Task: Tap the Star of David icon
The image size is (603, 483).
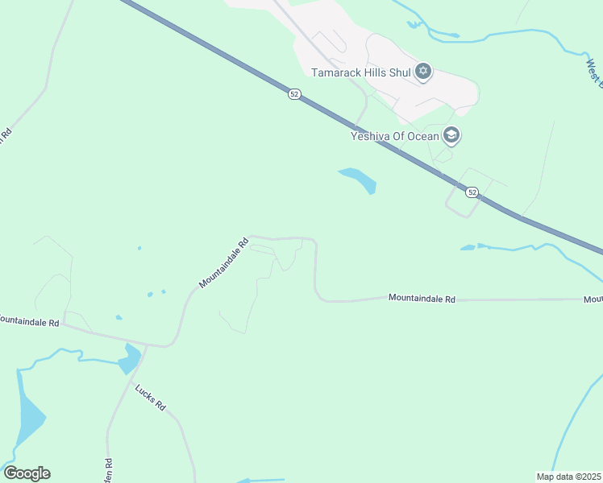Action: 423,72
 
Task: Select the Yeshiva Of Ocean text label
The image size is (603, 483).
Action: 395,136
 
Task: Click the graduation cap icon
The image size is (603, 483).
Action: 451,135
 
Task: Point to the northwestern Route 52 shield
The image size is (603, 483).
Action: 294,94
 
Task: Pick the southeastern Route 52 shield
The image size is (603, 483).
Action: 472,192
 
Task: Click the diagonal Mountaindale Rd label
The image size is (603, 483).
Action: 223,262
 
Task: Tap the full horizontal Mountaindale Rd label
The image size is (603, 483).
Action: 422,299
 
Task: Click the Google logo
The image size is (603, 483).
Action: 27,473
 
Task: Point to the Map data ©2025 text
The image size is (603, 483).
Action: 568,476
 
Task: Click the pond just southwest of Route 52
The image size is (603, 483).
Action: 359,180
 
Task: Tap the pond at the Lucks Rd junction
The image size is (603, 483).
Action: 129,358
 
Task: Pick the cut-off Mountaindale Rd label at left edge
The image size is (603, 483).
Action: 30,321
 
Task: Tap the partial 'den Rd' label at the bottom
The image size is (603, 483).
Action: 107,466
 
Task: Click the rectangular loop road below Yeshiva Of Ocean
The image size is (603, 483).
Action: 467,193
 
